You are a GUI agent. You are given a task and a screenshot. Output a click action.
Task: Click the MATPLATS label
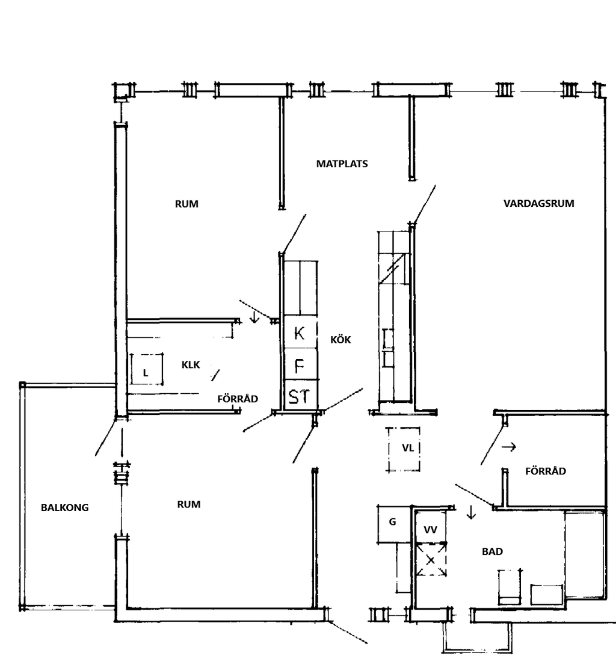point(342,164)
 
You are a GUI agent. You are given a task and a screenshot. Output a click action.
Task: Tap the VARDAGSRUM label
point(539,204)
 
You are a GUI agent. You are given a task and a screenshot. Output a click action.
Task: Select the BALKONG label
point(65,508)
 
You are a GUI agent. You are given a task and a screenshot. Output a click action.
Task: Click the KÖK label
point(340,340)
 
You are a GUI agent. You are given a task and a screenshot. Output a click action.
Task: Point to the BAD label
point(492,552)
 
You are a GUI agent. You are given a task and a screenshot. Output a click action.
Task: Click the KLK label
point(191,365)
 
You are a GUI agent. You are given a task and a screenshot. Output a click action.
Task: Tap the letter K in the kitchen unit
point(299,332)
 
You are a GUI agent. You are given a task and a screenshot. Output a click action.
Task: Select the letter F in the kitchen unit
point(300,366)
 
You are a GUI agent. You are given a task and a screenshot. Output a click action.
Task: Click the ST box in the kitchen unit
point(301,395)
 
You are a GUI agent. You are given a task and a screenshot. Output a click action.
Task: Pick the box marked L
point(147,369)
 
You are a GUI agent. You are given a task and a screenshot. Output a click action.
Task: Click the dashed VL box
point(403,450)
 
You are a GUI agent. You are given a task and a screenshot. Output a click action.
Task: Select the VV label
point(430,530)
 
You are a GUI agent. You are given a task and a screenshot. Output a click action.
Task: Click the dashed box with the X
point(431,560)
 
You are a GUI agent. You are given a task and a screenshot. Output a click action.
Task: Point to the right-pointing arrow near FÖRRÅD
point(509,447)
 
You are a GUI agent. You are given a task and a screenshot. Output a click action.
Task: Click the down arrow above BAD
point(471,512)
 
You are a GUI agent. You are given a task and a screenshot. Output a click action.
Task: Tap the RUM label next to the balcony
point(189,505)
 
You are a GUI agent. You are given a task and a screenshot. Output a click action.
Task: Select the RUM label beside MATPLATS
point(186,204)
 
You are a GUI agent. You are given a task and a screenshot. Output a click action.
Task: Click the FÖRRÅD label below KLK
point(238,399)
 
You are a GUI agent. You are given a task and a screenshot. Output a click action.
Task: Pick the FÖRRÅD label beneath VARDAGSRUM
point(546,471)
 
